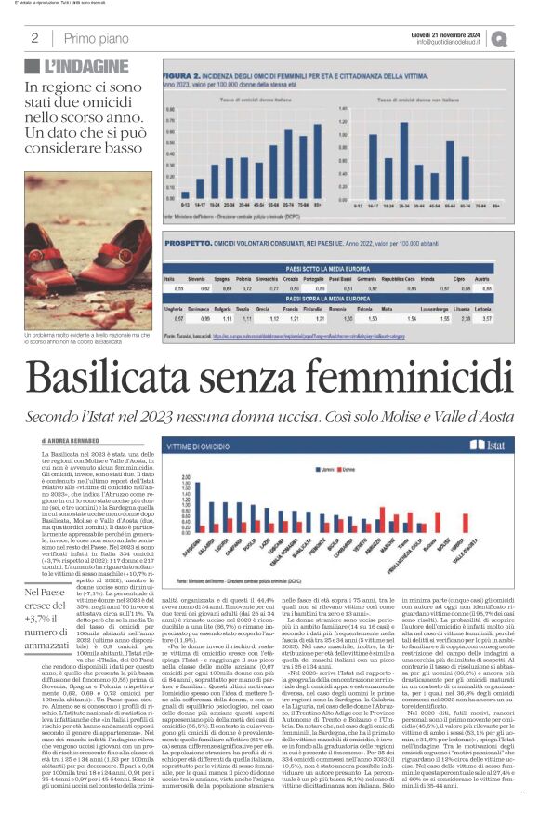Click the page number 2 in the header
point(34,38)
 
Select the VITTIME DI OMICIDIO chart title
point(204,448)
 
